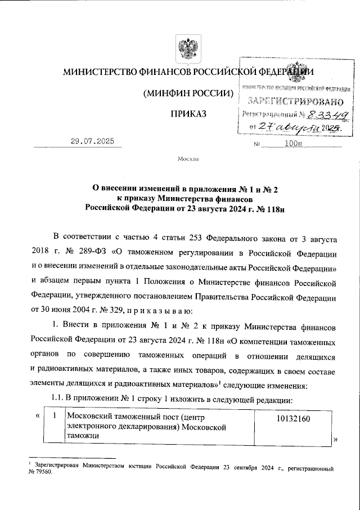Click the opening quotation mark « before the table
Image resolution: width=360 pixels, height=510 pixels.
37,417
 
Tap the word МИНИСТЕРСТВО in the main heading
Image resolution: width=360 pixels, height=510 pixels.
99,72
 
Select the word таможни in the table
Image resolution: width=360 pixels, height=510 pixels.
81,442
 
